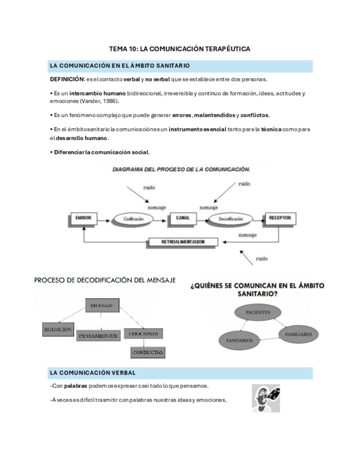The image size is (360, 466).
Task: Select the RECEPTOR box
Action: pos(279,218)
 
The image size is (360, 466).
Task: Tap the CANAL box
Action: pos(182,218)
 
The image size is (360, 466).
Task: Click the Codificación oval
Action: pos(133,219)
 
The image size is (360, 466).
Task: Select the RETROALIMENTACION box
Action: pos(183,242)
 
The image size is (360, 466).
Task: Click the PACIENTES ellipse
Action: pos(257,313)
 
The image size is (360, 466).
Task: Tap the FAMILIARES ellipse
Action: pos(298,334)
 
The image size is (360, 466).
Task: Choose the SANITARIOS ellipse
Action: pos(239,341)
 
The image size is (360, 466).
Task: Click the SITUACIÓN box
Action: pos(58,329)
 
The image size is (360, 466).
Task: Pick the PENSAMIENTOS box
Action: pos(98,335)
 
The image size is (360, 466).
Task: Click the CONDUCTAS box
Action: pos(148,352)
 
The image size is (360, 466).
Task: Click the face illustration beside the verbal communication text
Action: pos(265,397)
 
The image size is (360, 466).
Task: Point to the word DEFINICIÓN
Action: pos(66,80)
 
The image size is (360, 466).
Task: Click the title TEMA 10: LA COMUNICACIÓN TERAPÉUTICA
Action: pos(180,49)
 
